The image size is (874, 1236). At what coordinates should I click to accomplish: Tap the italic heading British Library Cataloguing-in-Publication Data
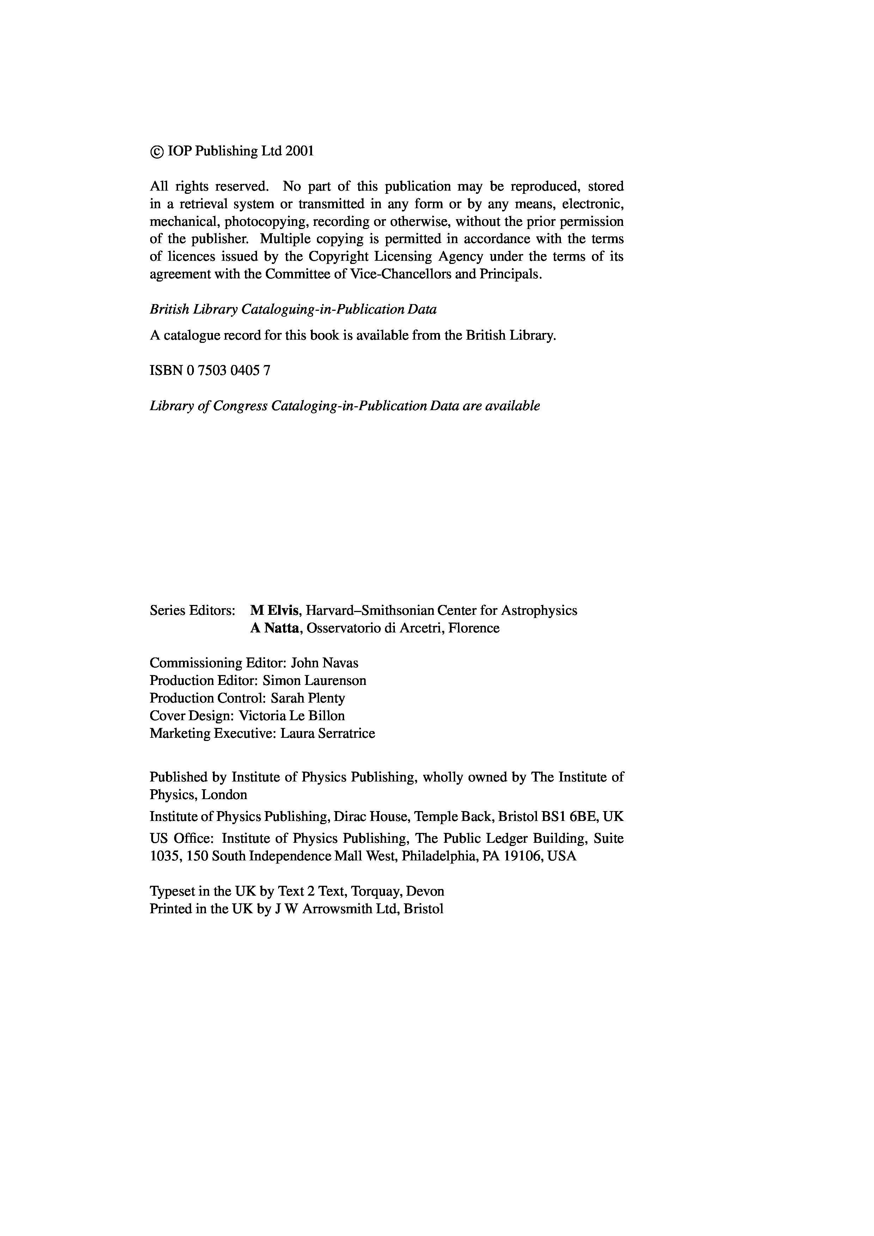[293, 310]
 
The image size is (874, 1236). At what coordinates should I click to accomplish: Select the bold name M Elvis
[275, 611]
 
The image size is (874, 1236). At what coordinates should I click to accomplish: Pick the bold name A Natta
[275, 628]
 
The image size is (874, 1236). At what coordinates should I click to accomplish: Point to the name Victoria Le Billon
[291, 716]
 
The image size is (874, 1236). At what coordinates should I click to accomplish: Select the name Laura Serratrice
[328, 733]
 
